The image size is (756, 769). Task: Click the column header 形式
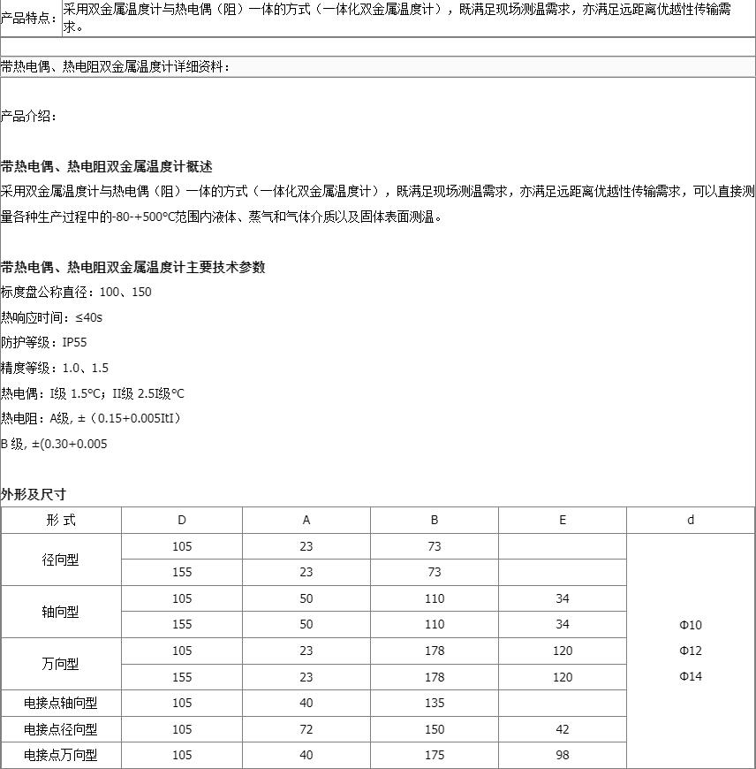pos(61,520)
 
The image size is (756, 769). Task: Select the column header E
pos(562,520)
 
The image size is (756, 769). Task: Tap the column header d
pos(691,520)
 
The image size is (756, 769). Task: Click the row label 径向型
pos(61,560)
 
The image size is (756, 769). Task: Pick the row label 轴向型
pos(61,612)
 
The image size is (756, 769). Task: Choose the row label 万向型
pos(61,664)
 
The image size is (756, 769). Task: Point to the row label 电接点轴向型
pos(61,704)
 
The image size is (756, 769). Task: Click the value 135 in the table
pos(434,704)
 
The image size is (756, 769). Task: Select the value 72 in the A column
pos(306,729)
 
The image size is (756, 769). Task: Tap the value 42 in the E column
pos(562,729)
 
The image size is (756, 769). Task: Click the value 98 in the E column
pos(562,756)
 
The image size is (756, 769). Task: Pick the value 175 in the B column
pos(434,756)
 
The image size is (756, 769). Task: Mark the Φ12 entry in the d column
pos(691,651)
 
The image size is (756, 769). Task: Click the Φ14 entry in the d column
pos(691,676)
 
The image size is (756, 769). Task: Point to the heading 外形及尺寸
pos(34,494)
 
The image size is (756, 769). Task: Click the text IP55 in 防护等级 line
pos(75,342)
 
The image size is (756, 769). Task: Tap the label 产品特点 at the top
pos(29,19)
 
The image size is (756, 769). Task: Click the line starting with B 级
pos(54,444)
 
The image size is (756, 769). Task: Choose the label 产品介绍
pos(28,116)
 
